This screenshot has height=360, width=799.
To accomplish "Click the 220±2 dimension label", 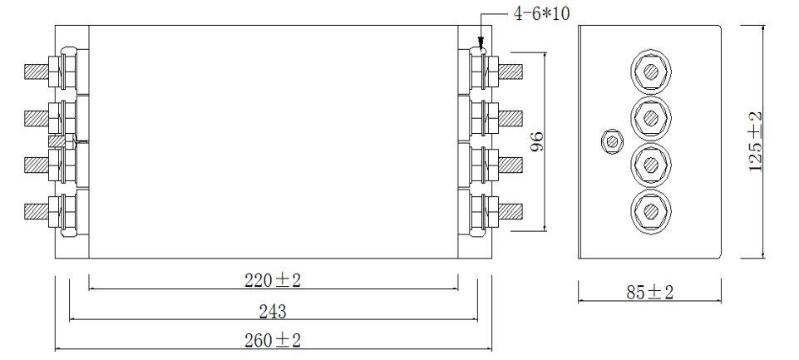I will (x=273, y=279).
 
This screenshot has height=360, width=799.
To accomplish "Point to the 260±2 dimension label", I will (x=273, y=341).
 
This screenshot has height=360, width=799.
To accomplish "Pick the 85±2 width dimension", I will (x=649, y=293).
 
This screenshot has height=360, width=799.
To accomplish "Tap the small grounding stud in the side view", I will (x=612, y=141).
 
